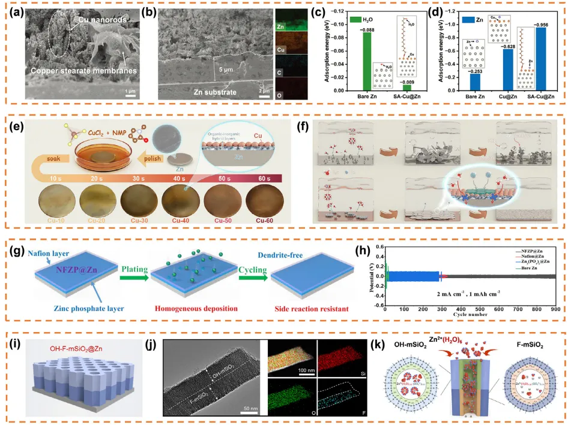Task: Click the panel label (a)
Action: click(19, 11)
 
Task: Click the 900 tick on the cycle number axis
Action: click(555, 310)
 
